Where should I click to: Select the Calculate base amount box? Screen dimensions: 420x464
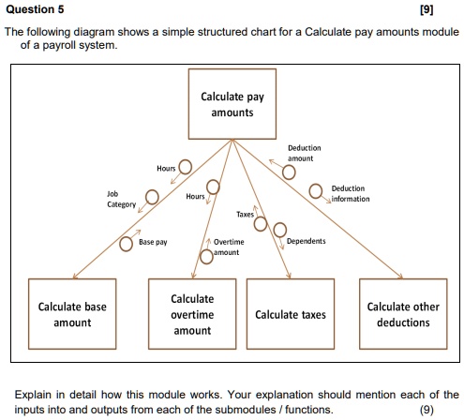(x=72, y=314)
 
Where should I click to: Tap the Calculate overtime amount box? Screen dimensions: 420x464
(x=192, y=314)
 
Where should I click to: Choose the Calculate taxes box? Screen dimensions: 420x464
(x=291, y=314)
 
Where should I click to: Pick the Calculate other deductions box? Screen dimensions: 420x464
(x=403, y=314)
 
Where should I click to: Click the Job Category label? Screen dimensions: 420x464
(x=121, y=199)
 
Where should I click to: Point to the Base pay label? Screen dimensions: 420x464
(x=153, y=242)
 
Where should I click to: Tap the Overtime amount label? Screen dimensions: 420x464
(x=229, y=247)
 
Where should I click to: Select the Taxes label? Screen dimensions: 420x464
(x=245, y=215)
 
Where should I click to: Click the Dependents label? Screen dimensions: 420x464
(x=306, y=241)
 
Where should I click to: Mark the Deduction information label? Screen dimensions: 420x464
(x=349, y=193)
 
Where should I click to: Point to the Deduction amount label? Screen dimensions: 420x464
(x=304, y=153)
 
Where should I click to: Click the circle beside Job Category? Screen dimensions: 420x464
(x=151, y=195)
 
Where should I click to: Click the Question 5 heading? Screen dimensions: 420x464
(x=35, y=9)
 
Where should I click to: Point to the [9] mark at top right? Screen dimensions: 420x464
(x=449, y=9)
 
